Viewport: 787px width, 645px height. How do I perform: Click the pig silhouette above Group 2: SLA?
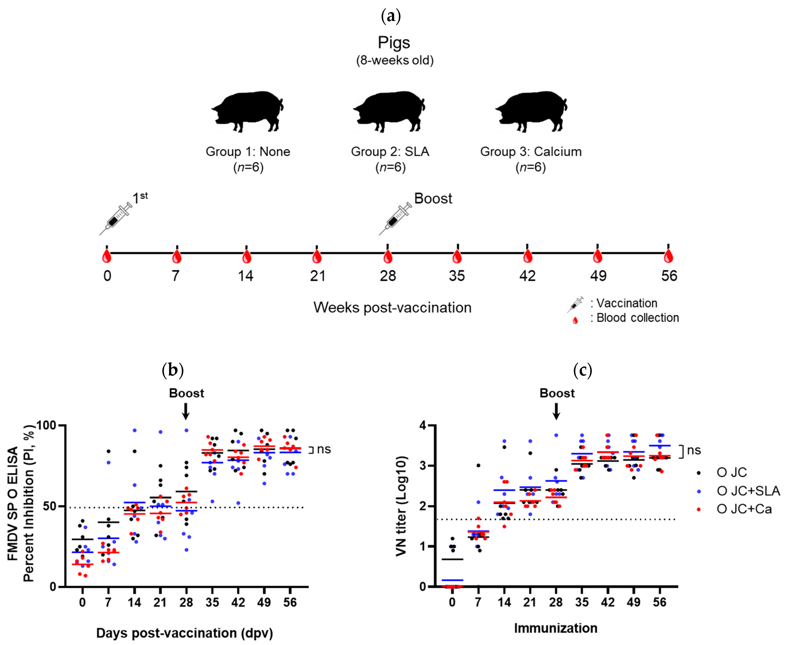pyautogui.click(x=389, y=111)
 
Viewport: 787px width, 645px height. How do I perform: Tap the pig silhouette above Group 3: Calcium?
pyautogui.click(x=531, y=111)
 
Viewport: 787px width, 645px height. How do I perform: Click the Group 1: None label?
pyautogui.click(x=248, y=152)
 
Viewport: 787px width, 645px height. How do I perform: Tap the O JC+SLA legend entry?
pyautogui.click(x=748, y=491)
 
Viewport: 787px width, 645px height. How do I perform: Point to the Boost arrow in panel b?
pyautogui.click(x=186, y=411)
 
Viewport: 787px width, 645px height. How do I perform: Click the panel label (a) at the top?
pyautogui.click(x=391, y=16)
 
